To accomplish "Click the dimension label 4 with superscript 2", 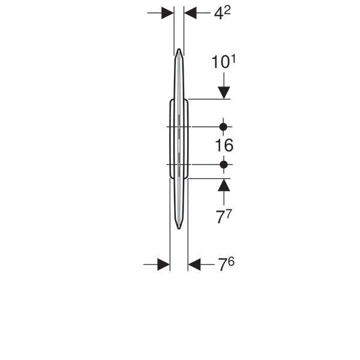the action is click(222, 14).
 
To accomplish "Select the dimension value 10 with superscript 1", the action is click(223, 62).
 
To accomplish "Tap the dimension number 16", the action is click(224, 145).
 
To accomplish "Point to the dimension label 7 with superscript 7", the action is click(224, 217).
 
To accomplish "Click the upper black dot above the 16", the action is click(223, 127).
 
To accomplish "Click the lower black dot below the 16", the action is click(224, 164).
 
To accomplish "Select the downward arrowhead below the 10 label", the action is click(224, 93).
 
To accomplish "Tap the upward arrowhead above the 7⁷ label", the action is click(224, 185).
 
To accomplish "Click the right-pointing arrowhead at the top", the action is click(167, 13).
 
